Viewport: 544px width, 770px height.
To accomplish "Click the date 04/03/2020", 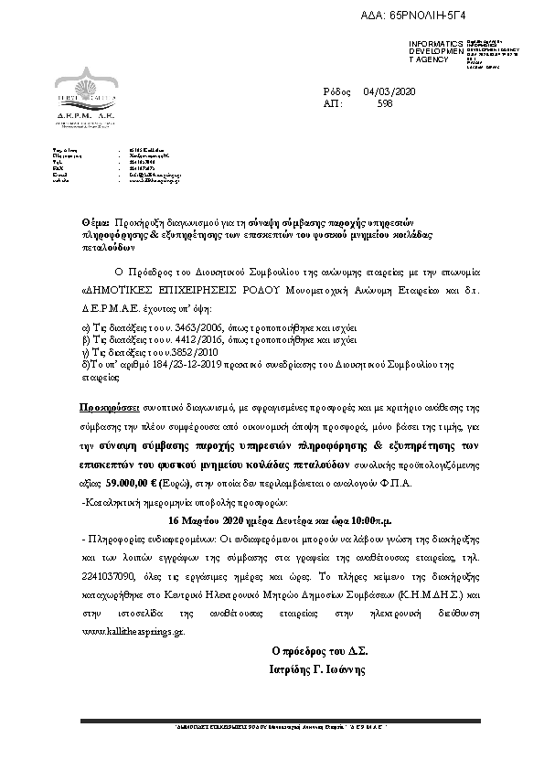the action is coord(389,91).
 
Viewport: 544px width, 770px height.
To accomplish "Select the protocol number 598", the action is coord(385,104).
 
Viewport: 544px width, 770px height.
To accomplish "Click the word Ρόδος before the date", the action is coord(336,91).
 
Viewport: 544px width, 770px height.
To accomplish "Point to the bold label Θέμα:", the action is coord(96,223).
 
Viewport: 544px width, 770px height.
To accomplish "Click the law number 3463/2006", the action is coord(183,325).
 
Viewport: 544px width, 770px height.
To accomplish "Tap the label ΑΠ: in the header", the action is coord(333,104).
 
